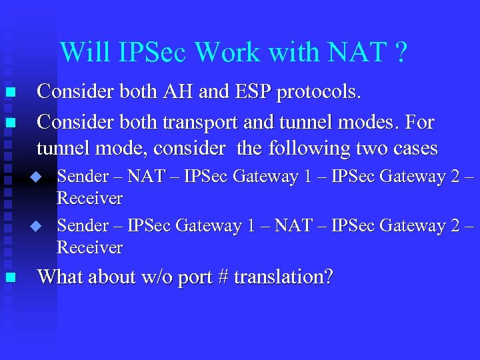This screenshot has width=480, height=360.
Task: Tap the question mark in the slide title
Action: point(399,51)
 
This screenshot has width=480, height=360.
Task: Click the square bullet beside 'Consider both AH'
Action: point(9,93)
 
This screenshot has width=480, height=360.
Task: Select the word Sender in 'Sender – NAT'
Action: point(82,176)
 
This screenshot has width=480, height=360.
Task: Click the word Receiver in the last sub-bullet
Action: point(90,248)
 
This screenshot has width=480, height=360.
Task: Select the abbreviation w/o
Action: point(157,277)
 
